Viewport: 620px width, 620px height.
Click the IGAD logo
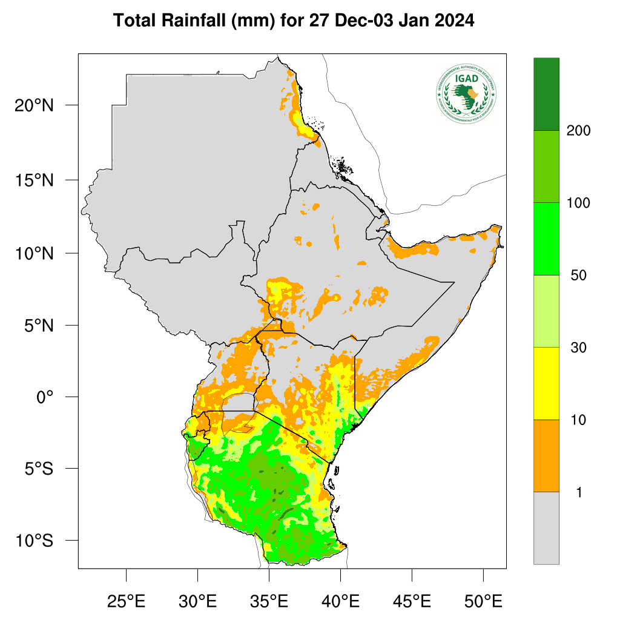click(x=466, y=93)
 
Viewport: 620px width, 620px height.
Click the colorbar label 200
click(x=578, y=131)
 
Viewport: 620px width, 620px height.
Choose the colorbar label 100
click(x=578, y=203)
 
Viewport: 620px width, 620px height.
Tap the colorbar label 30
click(x=578, y=348)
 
